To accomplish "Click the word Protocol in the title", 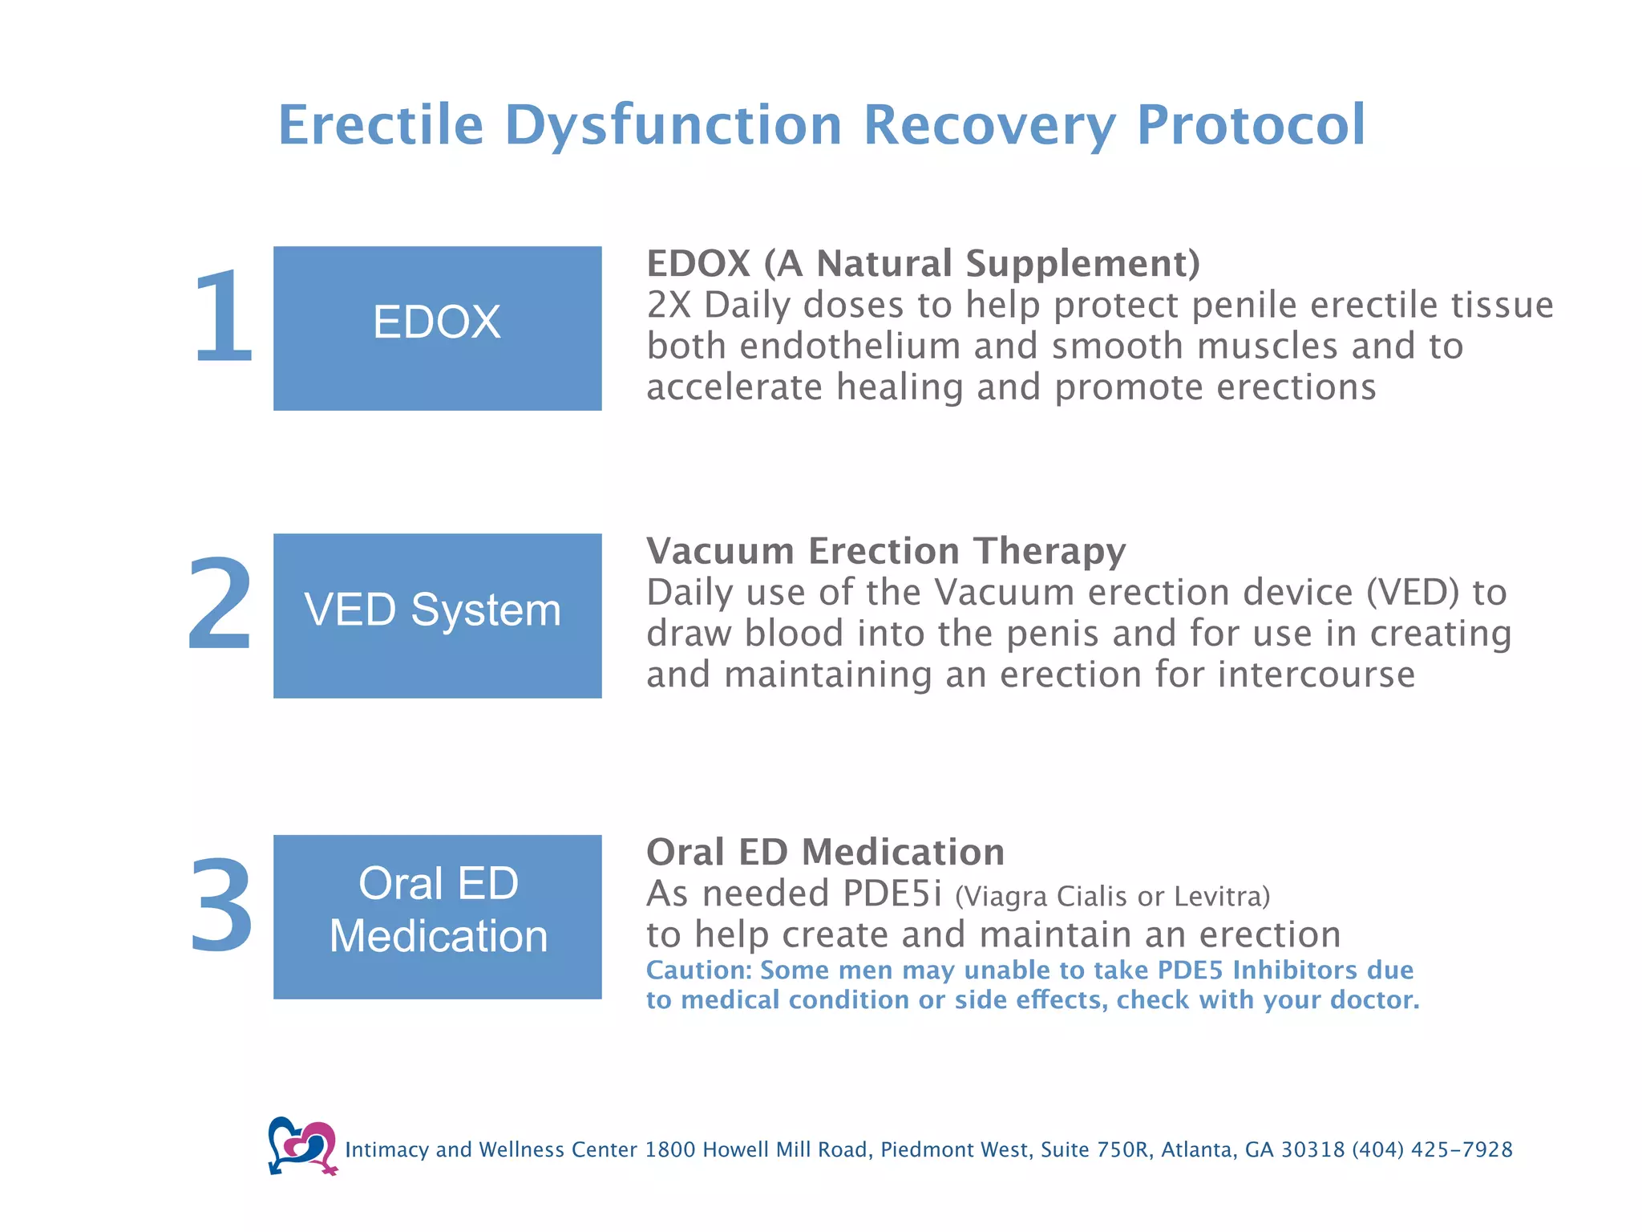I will [1251, 125].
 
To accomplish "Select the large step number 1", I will [223, 318].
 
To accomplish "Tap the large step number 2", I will [220, 603].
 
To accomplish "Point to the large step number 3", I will [221, 906].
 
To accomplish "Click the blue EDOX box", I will [437, 328].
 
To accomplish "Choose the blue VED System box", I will [437, 615].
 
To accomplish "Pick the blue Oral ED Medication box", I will [437, 917].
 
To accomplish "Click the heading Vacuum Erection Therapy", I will [886, 551].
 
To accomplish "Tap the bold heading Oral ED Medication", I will [825, 852].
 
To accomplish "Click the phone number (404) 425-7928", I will [1432, 1149].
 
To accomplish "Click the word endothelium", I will [839, 346].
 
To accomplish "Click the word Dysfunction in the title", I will [673, 125].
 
